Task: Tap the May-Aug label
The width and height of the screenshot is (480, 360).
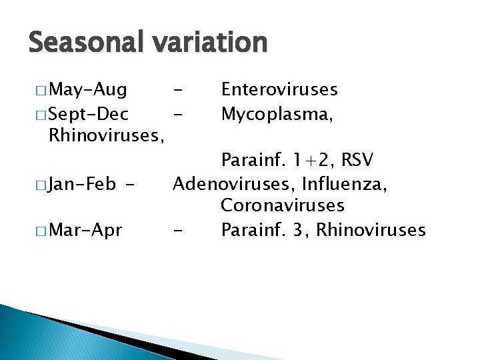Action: (89, 89)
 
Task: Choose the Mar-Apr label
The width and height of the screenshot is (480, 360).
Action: (85, 231)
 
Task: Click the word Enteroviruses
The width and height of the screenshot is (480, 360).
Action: (279, 89)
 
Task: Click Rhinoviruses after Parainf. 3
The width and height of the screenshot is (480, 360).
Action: (371, 231)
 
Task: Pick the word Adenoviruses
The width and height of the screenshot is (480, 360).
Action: (233, 183)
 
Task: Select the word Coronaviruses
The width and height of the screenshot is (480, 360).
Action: (283, 207)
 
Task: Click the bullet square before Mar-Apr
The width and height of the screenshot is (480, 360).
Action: (43, 231)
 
